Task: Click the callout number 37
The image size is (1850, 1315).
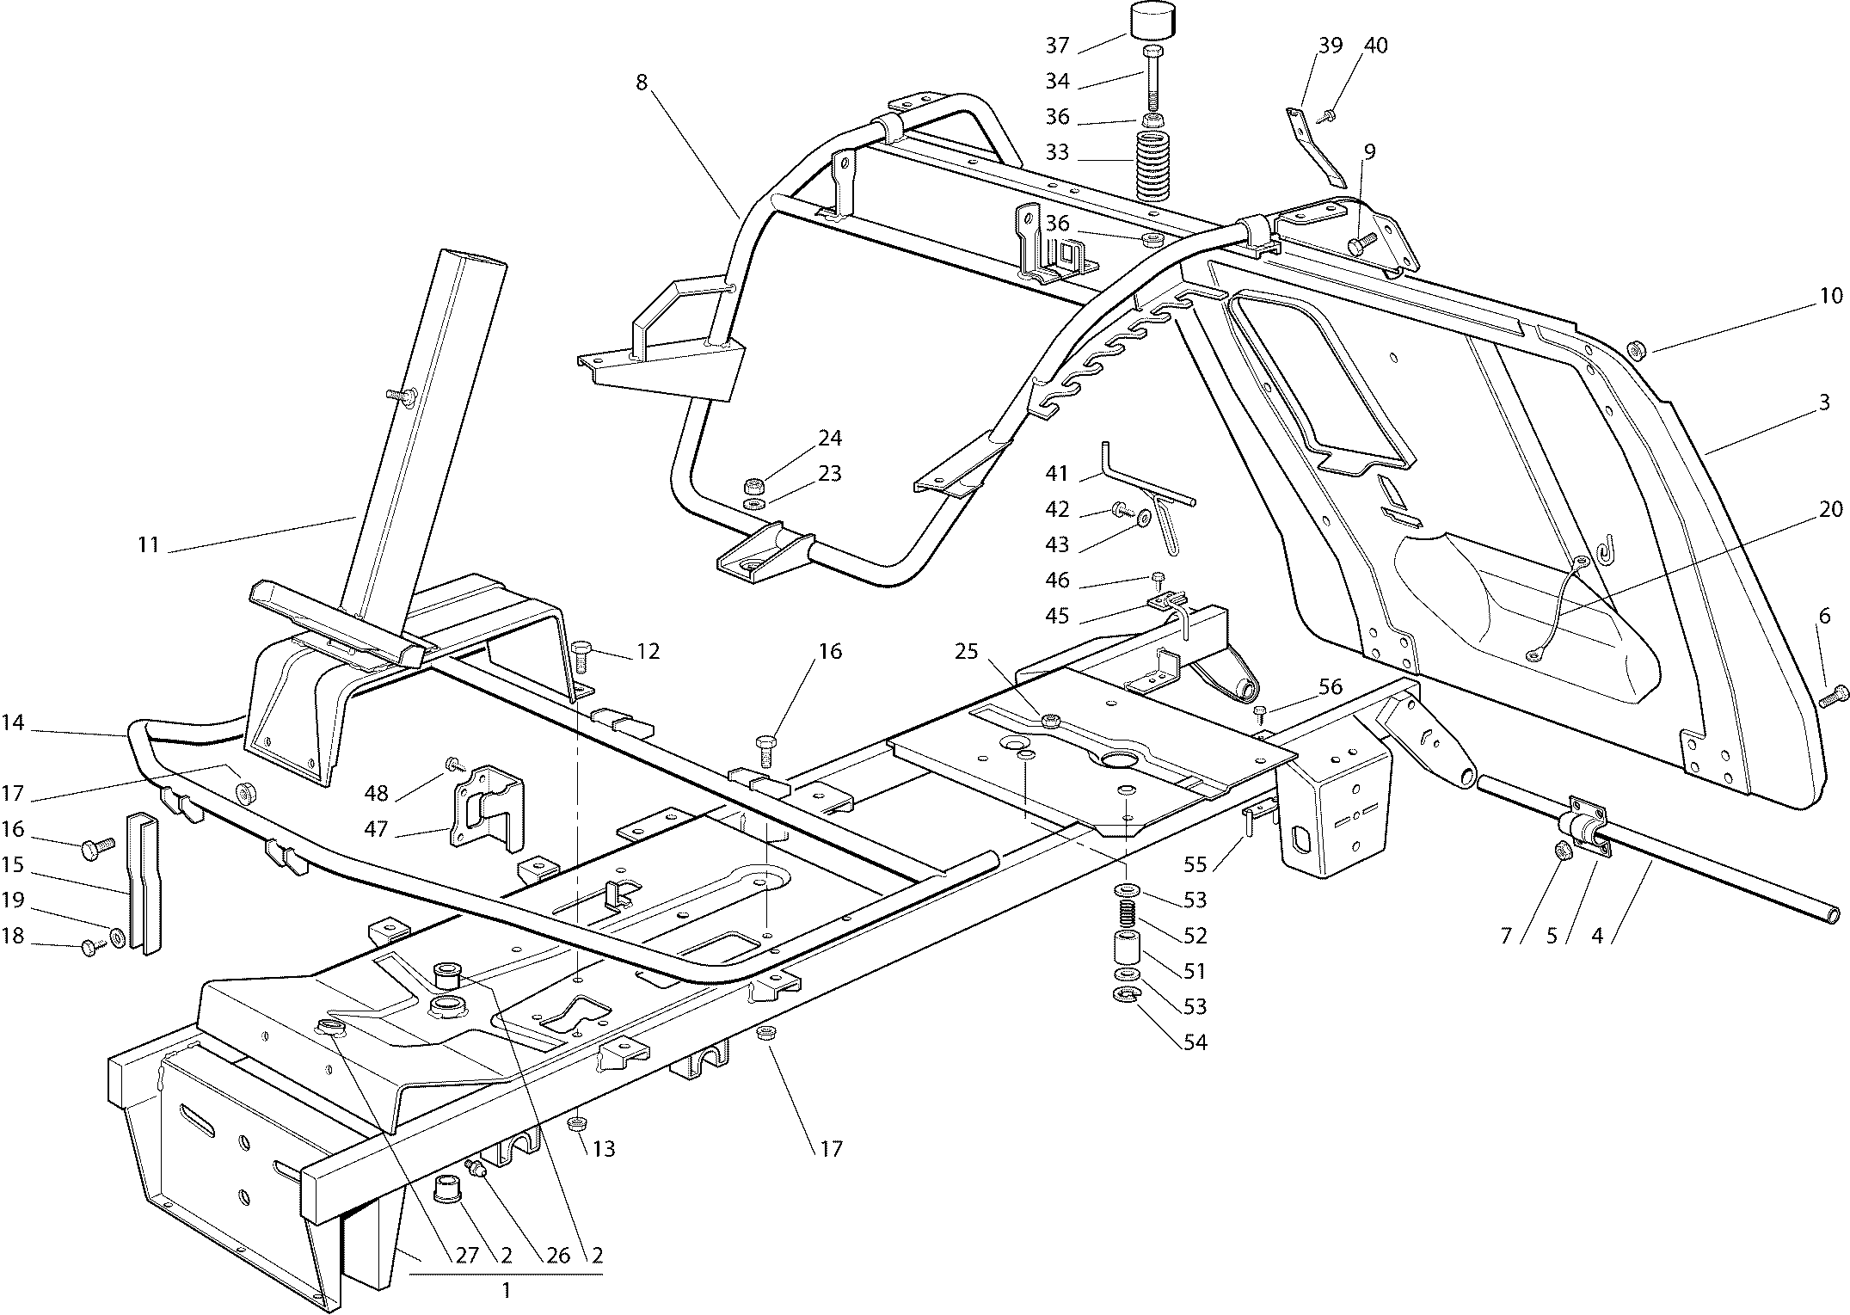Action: coord(1057,45)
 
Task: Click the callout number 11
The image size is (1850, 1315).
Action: coord(149,545)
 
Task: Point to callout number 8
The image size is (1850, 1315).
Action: coord(642,83)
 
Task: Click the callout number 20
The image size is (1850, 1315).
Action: coord(1831,509)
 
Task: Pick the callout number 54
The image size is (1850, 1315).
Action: coord(1195,1042)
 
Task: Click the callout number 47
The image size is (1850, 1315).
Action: coord(376,830)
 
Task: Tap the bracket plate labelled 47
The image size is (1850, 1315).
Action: coord(486,808)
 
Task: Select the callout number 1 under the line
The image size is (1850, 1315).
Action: coord(506,1291)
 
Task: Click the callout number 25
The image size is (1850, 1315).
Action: coord(967,651)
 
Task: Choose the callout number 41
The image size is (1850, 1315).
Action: coord(1057,474)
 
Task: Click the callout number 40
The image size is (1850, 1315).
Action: coord(1376,46)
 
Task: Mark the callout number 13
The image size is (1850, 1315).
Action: coord(604,1149)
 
